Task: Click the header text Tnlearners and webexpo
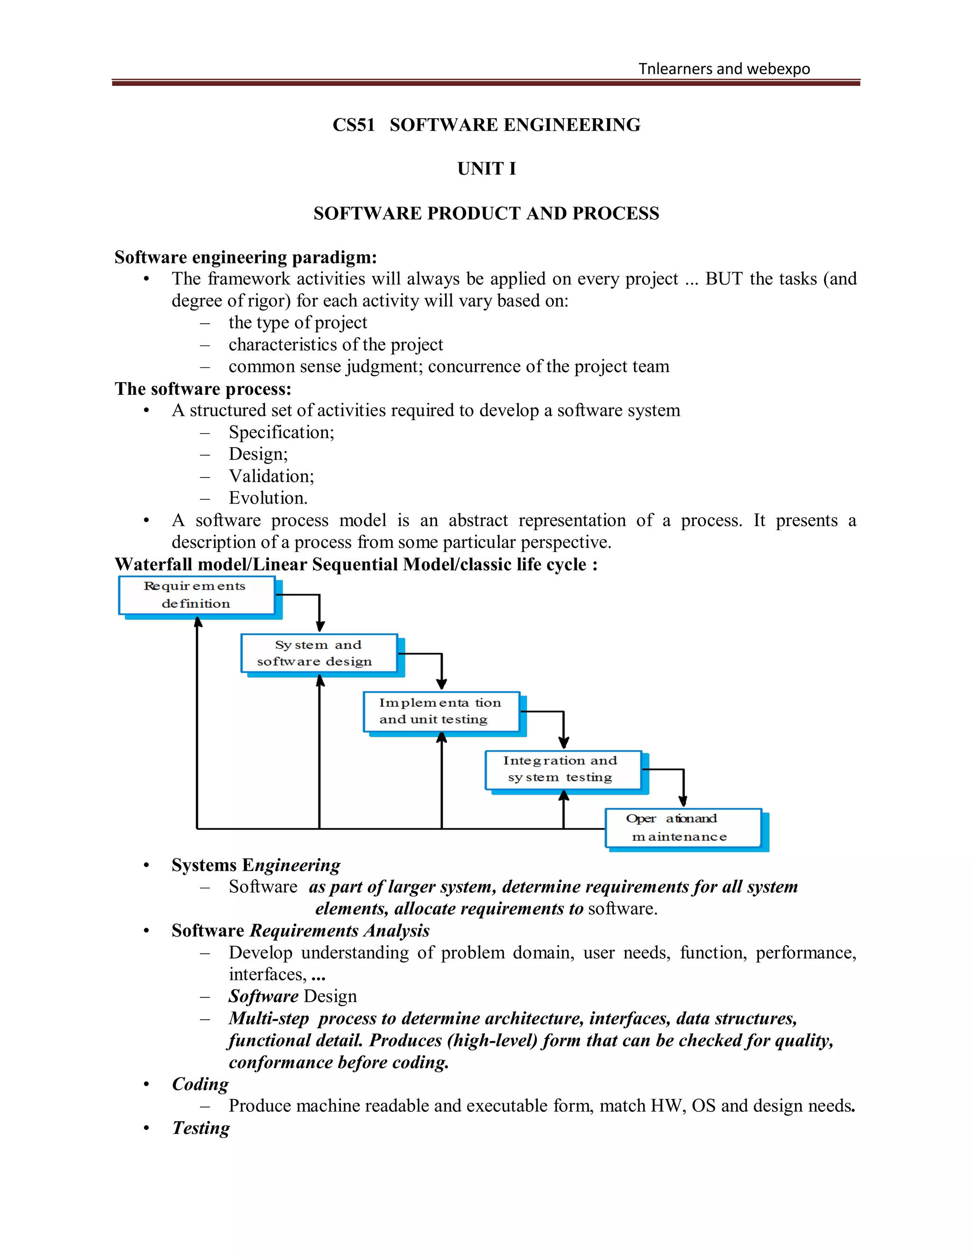coord(724,69)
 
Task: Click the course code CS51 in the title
coord(353,125)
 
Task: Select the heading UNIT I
coord(486,169)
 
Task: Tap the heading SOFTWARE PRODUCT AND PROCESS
coord(486,214)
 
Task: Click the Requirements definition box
coord(196,595)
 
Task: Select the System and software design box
coord(318,653)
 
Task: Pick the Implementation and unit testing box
coord(441,712)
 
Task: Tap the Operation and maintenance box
coord(683,828)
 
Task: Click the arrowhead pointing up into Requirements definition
coord(197,622)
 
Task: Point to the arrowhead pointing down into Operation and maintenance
coord(683,801)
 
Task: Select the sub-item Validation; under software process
coord(271,476)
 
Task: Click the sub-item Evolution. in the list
coord(268,498)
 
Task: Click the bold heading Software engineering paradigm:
coord(245,257)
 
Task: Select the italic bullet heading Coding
coord(200,1084)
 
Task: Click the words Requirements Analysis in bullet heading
coord(340,931)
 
